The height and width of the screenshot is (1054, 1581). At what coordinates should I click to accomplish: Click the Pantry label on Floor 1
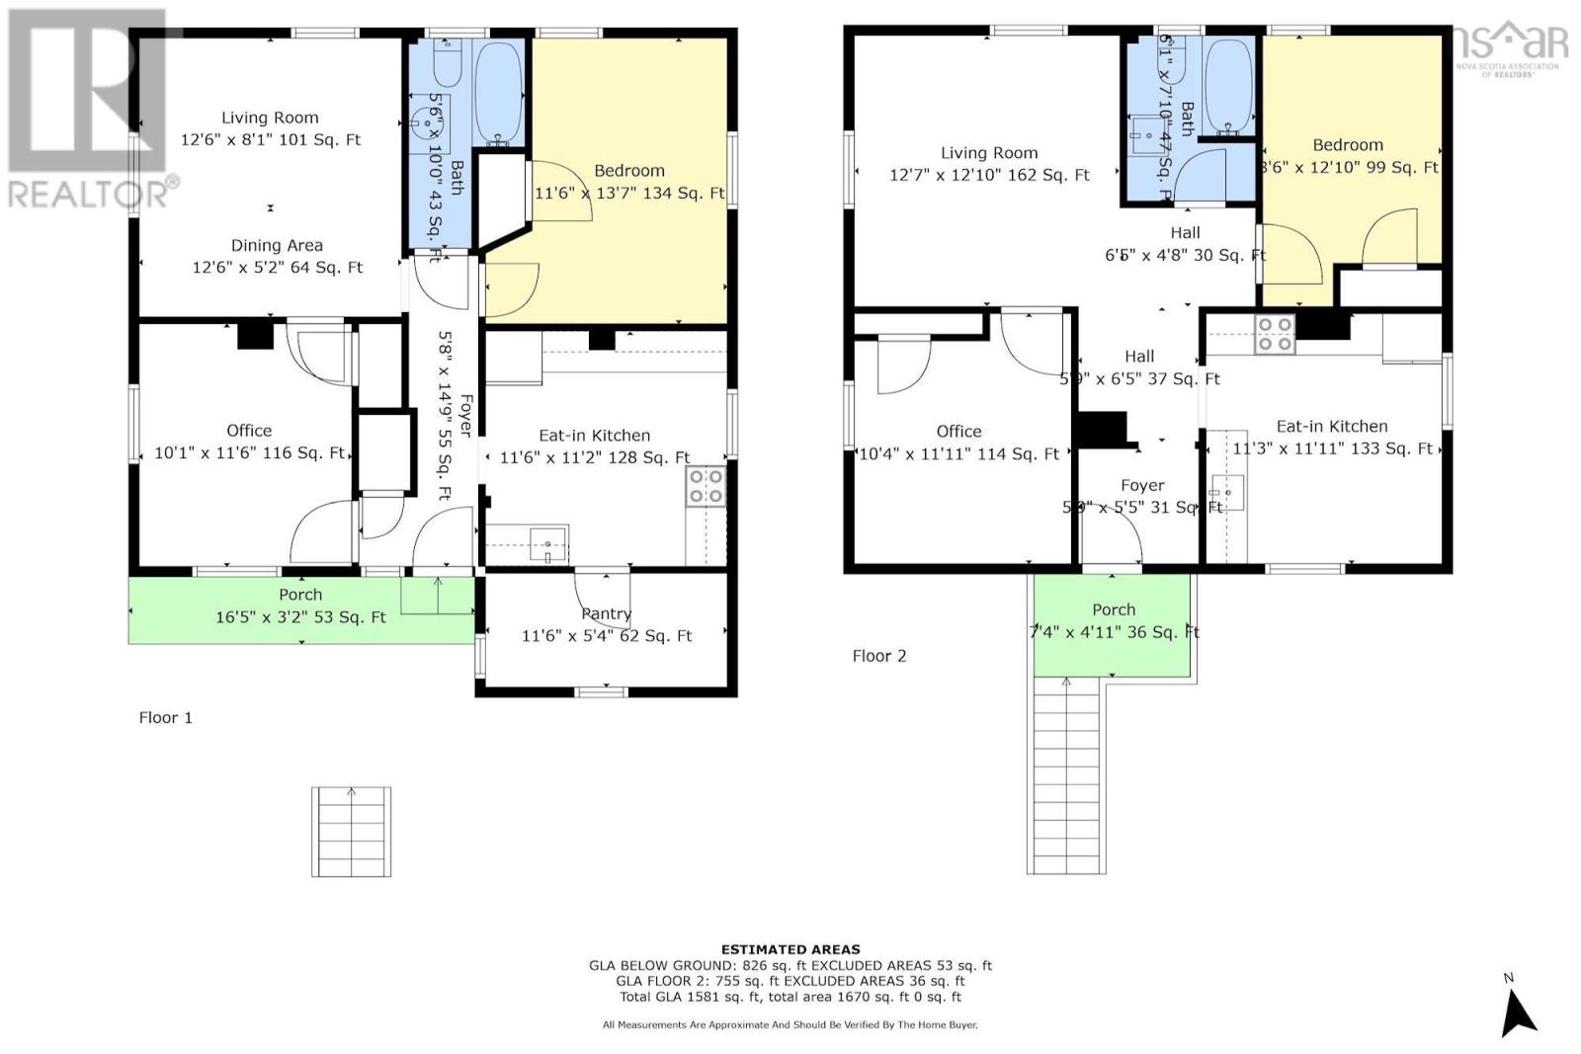pos(606,613)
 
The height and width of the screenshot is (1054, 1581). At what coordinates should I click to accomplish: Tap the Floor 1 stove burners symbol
pos(706,486)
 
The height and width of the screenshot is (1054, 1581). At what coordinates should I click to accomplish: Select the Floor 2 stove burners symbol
pos(1274,334)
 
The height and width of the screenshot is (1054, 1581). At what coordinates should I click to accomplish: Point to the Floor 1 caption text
pos(165,717)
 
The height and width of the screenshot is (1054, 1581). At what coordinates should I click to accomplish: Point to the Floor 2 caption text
pos(878,656)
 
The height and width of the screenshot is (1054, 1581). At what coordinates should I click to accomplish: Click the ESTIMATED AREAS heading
pos(790,949)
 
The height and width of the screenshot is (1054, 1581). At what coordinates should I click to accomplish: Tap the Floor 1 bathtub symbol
pos(500,91)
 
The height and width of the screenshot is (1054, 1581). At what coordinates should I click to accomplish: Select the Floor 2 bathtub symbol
pos(1229,86)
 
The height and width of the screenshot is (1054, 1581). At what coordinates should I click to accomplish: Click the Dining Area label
pos(277,245)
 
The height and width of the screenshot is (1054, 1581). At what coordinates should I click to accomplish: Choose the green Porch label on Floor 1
pos(300,595)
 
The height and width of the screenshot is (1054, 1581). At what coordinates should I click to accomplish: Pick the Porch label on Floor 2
pos(1114,609)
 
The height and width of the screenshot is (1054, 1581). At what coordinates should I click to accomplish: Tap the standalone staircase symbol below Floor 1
pos(351,832)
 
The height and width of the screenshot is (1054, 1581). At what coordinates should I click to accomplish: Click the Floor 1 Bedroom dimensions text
pos(629,194)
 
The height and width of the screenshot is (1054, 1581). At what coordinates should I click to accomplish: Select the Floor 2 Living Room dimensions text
pos(989,175)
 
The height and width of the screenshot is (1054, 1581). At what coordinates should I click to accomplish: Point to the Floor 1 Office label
pos(249,431)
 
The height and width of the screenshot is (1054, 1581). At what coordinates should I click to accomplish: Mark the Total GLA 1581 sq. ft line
pos(790,997)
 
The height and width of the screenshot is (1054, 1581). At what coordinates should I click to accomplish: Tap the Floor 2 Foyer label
pos(1142,485)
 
